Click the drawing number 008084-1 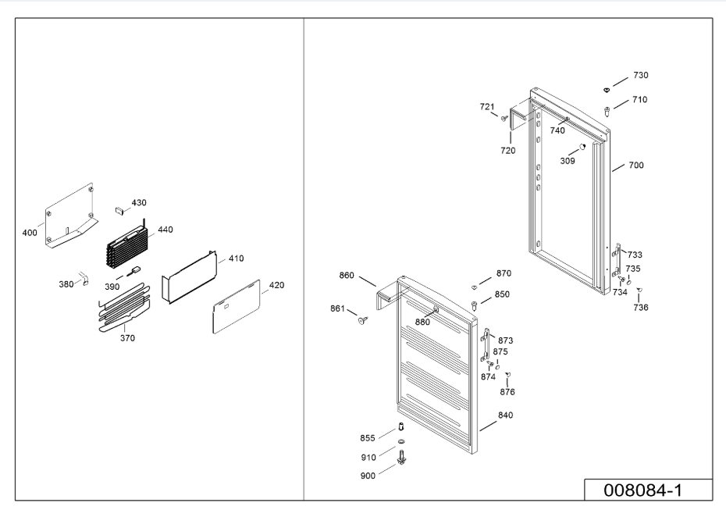(642, 490)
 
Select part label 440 (165, 230)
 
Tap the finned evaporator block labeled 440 (124, 247)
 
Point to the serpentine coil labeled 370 (125, 308)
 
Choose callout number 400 (30, 233)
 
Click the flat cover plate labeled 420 (237, 306)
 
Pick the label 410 (236, 258)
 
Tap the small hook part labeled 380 (85, 279)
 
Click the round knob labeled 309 (582, 148)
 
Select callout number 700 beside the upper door (636, 166)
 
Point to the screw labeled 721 (504, 119)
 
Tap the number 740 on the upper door (557, 130)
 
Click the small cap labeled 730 (607, 90)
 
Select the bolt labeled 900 (401, 457)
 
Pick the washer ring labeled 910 (401, 441)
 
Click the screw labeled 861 (363, 319)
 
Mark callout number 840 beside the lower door (506, 415)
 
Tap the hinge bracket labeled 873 (486, 344)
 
